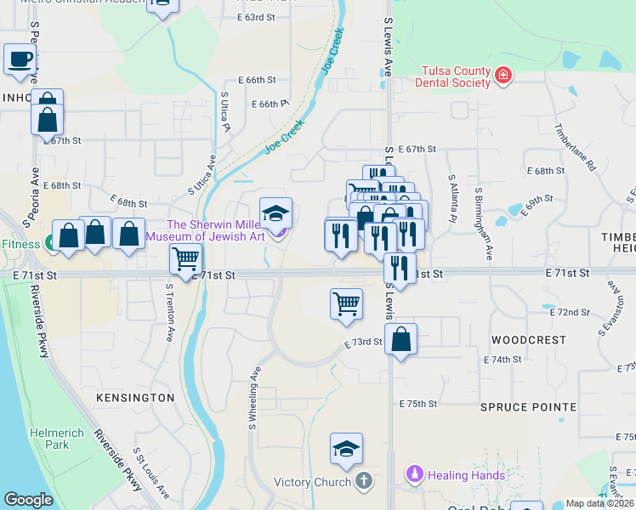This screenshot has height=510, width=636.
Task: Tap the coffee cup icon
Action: (x=20, y=60)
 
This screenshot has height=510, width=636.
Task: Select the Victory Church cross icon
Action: (x=363, y=482)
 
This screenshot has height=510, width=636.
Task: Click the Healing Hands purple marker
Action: (x=415, y=474)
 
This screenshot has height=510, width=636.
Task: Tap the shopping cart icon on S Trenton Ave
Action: (x=185, y=259)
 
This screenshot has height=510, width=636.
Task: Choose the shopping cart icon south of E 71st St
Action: (x=346, y=303)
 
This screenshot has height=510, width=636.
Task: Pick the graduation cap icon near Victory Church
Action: (x=347, y=449)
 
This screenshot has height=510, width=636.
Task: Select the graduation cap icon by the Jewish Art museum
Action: (x=275, y=213)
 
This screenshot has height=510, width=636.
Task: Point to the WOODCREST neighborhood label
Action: (x=529, y=340)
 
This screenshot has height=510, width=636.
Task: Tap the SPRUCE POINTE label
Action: (x=528, y=407)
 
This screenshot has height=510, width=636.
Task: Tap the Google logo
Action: (x=29, y=500)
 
